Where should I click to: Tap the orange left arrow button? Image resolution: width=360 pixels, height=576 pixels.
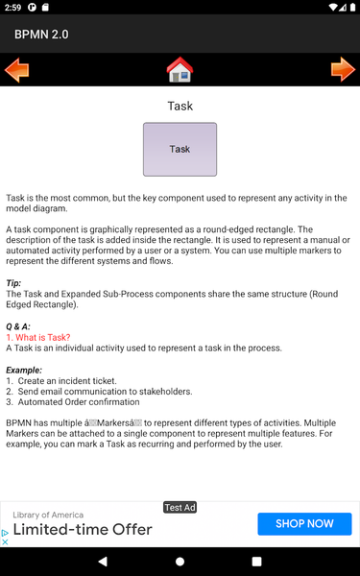point(17,70)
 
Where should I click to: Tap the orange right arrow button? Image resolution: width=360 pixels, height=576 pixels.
point(343,70)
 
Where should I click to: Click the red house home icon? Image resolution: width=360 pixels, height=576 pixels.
point(180,70)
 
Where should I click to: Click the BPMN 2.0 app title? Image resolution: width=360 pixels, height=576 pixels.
point(41,35)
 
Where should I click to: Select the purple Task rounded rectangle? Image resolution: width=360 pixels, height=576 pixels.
point(180,149)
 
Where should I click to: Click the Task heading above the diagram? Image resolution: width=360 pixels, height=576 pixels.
point(180,106)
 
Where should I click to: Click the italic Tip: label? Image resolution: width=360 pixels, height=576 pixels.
point(13,283)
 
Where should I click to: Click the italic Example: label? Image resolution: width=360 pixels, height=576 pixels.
point(24,370)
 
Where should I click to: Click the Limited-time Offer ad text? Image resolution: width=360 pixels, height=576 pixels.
point(83,529)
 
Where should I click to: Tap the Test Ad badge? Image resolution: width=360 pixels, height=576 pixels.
point(180,507)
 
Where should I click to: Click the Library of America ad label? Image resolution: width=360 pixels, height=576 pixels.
point(48,515)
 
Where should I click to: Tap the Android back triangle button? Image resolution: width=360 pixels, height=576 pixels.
point(104,561)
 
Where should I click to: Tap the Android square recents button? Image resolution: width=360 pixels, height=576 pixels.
point(256,561)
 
